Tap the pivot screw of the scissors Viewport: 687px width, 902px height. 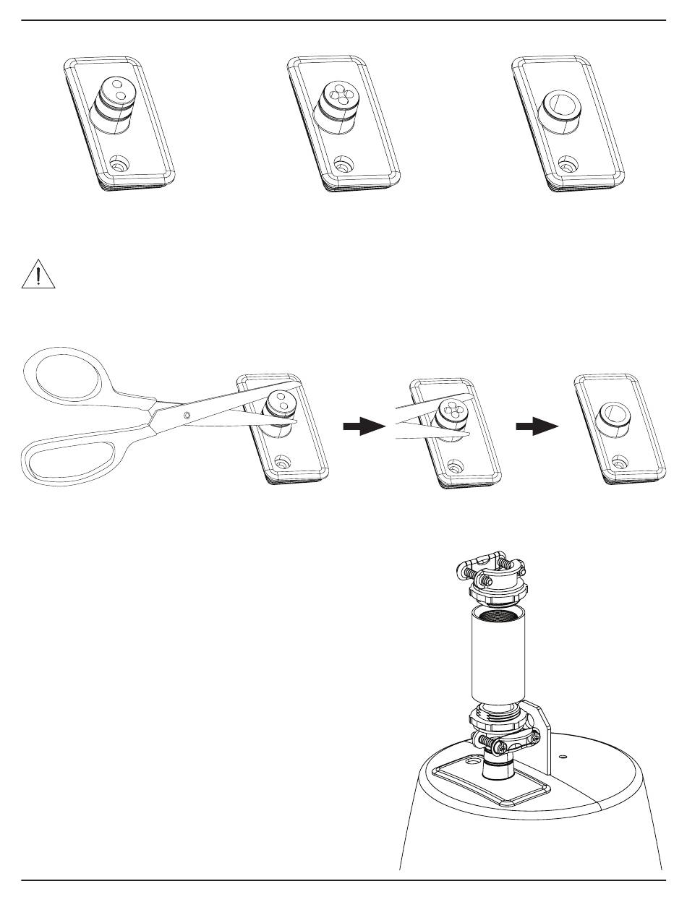pos(187,415)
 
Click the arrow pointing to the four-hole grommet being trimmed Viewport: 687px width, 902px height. pos(363,427)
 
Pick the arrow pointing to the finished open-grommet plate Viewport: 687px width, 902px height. pos(537,427)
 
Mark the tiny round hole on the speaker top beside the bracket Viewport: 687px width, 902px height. pos(564,757)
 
